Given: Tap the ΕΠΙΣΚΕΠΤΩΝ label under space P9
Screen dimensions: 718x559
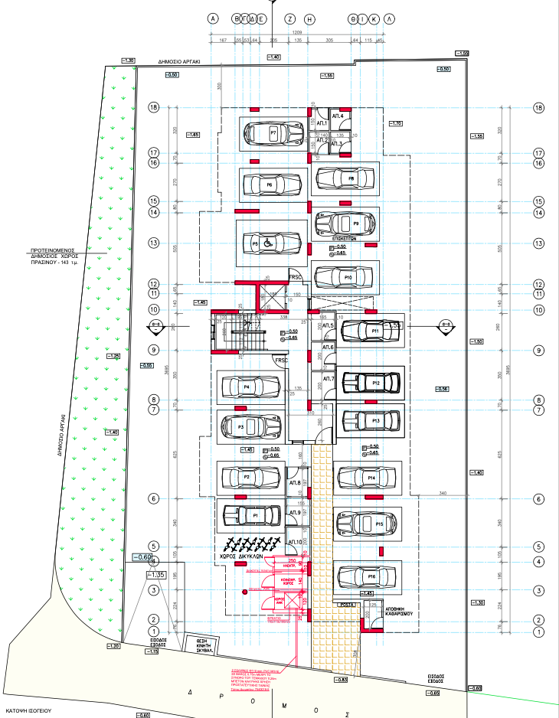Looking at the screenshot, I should (347, 238).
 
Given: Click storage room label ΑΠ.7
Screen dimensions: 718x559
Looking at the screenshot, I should (329, 379).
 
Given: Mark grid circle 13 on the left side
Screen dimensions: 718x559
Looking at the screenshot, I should (153, 243).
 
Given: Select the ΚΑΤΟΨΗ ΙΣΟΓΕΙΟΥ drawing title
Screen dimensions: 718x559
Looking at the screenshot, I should (27, 710).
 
